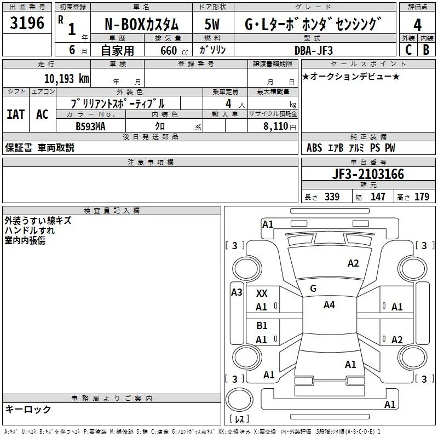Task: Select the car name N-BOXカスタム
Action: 141,25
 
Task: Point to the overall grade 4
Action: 417,25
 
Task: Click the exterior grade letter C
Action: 408,49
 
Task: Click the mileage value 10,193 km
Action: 66,78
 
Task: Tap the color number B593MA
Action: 90,126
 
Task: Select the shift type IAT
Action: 15,114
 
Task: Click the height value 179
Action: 422,197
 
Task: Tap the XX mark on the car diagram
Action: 262,293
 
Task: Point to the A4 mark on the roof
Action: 329,305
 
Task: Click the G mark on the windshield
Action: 313,289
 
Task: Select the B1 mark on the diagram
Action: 262,326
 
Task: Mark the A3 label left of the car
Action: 237,292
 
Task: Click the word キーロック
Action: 28,409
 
